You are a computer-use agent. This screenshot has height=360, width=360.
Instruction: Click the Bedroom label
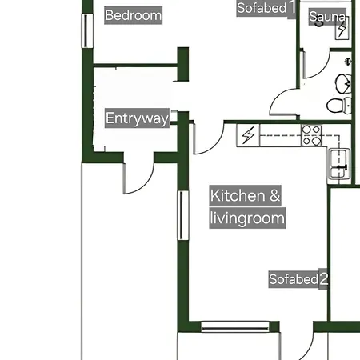(134, 15)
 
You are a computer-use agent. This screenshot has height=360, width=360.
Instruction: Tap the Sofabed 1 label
(266, 8)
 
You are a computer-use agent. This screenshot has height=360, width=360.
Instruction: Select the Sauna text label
(327, 17)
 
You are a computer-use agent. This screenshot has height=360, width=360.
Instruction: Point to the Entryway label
(137, 118)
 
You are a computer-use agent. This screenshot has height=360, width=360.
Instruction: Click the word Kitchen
(238, 195)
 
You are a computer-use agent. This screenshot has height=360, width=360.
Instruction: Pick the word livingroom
(247, 218)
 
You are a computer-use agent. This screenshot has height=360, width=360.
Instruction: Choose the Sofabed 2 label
(298, 279)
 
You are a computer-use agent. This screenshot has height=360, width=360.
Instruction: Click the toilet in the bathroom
(338, 106)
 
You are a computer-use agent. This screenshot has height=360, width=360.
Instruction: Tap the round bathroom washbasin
(343, 84)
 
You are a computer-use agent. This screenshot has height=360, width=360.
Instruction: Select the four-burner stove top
(311, 136)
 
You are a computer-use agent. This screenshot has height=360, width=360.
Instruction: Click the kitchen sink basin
(338, 163)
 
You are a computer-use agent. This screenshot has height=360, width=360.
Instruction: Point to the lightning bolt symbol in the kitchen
(248, 135)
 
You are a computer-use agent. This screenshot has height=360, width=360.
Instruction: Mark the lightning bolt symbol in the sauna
(342, 29)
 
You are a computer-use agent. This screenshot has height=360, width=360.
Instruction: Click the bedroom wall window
(87, 31)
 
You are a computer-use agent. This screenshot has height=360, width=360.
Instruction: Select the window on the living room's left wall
(183, 215)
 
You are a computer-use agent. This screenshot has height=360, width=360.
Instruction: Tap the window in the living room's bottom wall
(235, 326)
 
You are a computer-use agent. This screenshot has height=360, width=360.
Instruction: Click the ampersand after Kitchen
(274, 195)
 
